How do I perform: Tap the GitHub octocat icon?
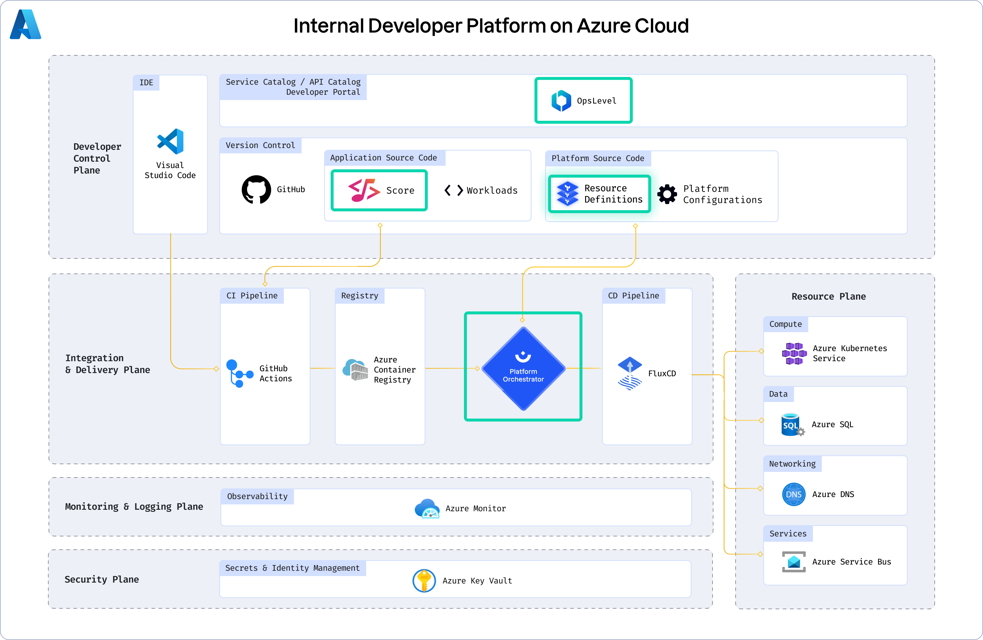[x=256, y=189]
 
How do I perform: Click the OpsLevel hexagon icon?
[x=561, y=101]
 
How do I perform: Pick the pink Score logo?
[x=364, y=190]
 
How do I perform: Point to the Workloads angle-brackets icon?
[x=454, y=190]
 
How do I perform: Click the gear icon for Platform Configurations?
[x=667, y=194]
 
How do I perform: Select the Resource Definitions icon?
[x=568, y=194]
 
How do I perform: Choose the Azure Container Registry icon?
[x=355, y=369]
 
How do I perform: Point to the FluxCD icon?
[x=630, y=374]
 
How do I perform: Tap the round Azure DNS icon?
[x=793, y=494]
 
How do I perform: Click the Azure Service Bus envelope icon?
[x=793, y=562]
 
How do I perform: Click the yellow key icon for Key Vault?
[x=424, y=580]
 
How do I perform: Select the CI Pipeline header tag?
[x=252, y=295]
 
